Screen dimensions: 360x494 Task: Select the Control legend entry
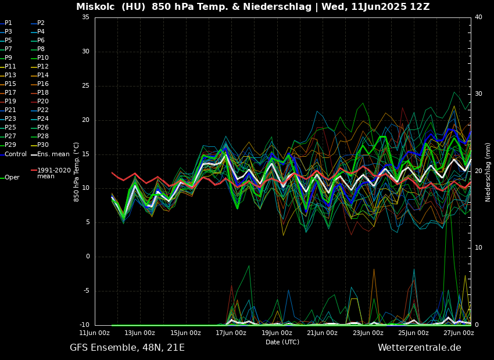(15, 154)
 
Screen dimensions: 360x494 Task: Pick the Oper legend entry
(12, 178)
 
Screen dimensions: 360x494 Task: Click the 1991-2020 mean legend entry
(53, 173)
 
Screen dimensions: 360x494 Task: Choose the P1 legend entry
(8, 23)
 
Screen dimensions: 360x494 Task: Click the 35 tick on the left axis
(85, 17)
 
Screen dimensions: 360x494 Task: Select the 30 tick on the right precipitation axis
(478, 94)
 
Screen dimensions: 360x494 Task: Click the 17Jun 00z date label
(231, 333)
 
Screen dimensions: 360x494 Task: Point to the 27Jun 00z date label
(459, 333)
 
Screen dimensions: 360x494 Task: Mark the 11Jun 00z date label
(95, 333)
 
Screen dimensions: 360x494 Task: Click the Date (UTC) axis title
(282, 342)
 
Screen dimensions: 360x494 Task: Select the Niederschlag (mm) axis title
(488, 172)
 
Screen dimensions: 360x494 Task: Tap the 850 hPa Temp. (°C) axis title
(77, 172)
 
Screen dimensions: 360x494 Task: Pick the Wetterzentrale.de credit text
(419, 348)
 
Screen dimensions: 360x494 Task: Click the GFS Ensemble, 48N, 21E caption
(127, 348)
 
